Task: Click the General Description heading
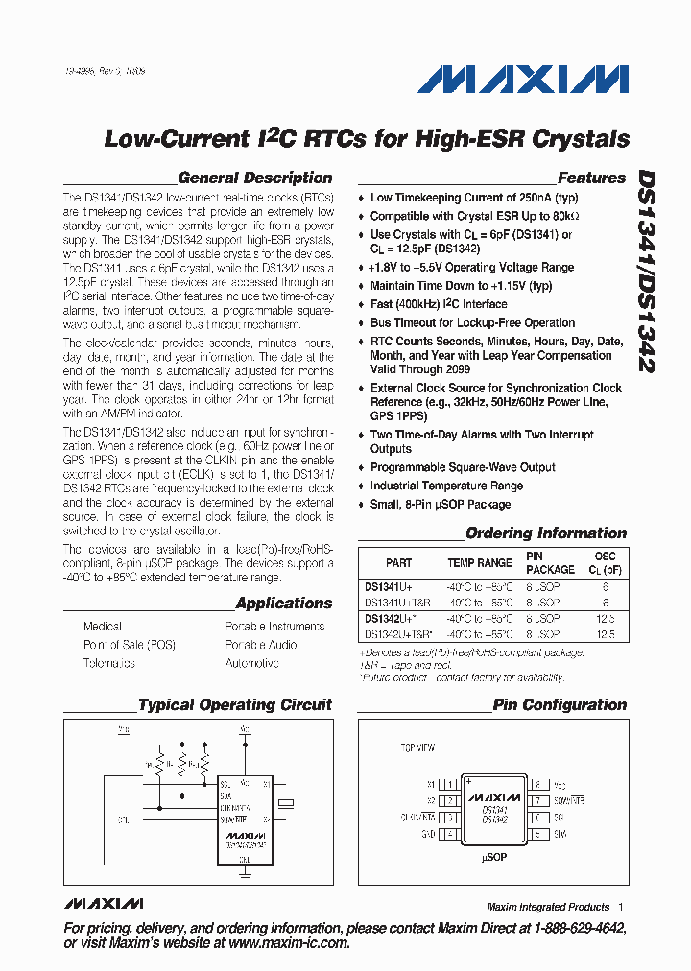(x=255, y=178)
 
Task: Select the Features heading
(x=591, y=178)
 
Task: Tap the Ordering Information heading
(x=546, y=533)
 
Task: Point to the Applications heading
(x=284, y=604)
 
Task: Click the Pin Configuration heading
(x=560, y=704)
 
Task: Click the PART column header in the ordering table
(x=398, y=563)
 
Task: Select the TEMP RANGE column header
(x=480, y=563)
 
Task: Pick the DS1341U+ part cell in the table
(x=389, y=585)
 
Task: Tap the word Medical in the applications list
(x=103, y=627)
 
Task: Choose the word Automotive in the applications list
(x=251, y=663)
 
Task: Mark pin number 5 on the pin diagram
(x=538, y=834)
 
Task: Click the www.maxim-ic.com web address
(x=289, y=943)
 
